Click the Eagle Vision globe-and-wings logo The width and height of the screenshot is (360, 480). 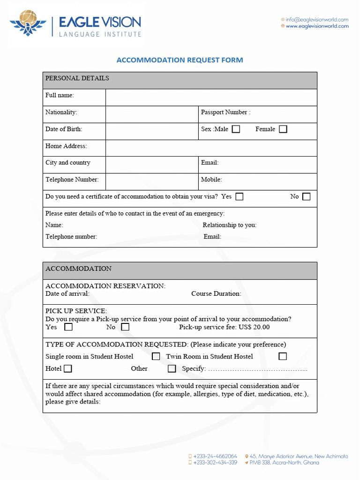28,24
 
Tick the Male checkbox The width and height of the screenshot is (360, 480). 236,129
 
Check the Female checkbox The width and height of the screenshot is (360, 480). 283,129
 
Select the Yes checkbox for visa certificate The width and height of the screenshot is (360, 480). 240,197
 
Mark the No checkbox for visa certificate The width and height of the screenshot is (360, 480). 306,197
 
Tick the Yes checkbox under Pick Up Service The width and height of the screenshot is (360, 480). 68,327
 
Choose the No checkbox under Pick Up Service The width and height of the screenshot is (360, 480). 125,327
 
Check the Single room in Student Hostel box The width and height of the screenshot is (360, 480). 156,356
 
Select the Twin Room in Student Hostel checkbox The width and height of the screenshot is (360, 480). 282,356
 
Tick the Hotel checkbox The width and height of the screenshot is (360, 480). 68,368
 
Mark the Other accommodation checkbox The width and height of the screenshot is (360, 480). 172,368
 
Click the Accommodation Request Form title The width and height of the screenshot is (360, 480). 180,60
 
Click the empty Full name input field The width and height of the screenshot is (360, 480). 211,97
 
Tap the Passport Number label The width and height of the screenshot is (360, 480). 225,112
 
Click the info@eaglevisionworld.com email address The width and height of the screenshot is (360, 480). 317,20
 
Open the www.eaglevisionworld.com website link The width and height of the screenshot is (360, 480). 317,26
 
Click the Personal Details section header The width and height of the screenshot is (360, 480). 77,78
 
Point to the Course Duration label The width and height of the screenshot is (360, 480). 216,294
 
